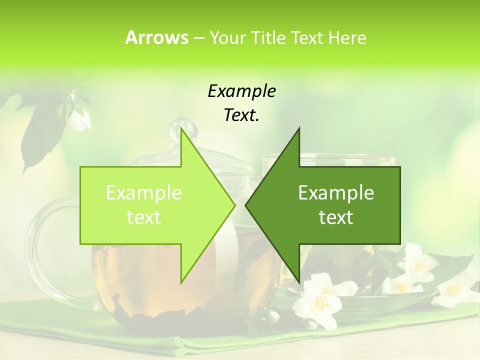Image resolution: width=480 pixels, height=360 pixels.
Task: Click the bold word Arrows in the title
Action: (156, 37)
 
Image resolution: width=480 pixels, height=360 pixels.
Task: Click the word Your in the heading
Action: (227, 37)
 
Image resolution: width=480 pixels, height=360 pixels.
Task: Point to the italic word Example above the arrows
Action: (241, 91)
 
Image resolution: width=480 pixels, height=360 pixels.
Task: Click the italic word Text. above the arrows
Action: (241, 115)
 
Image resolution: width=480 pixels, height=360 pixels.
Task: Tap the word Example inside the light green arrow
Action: (144, 193)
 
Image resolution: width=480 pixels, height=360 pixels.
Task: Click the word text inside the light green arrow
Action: (144, 217)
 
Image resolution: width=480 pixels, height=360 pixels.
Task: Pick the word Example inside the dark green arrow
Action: (336, 193)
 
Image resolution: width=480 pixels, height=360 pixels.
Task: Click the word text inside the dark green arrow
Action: (336, 217)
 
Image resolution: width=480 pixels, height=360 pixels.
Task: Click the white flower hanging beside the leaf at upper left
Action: (79, 119)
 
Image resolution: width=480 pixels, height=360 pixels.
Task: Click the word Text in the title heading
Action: (306, 37)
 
